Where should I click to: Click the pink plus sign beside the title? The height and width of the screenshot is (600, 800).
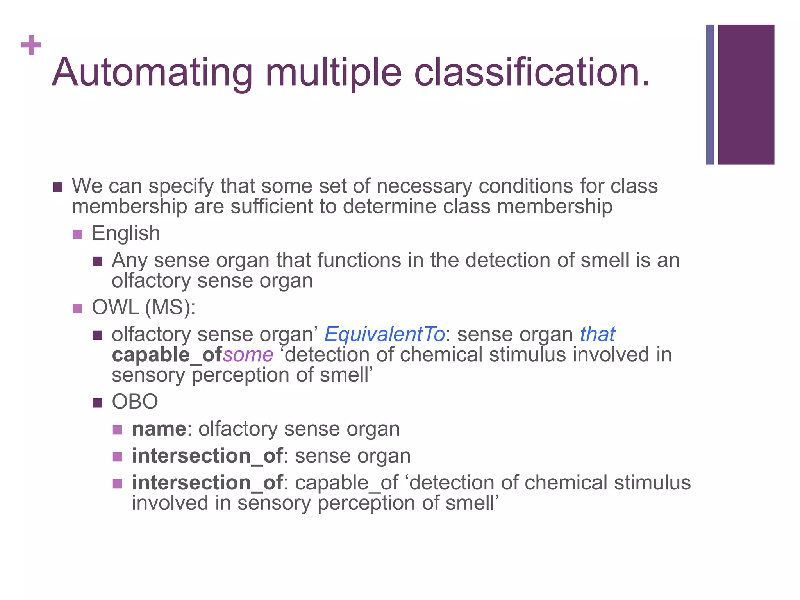coord(31,45)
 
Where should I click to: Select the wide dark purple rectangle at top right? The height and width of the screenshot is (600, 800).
coord(746,95)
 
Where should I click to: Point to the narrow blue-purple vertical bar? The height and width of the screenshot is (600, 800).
coord(709,95)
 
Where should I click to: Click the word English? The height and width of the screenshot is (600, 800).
coord(126,234)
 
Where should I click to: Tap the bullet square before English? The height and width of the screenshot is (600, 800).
coord(77,234)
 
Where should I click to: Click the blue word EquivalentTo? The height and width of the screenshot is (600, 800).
coord(384,334)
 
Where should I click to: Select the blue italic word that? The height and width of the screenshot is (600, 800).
coord(597,334)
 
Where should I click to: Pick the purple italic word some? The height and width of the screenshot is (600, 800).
coord(248,355)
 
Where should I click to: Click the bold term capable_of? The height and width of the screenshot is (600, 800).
coord(167,355)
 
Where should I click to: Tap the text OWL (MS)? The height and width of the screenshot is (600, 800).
coord(143,307)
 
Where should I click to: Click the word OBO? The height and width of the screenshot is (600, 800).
coord(135,402)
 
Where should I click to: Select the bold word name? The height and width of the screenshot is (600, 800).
coord(159,429)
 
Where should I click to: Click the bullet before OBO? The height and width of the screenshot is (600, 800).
coord(98,402)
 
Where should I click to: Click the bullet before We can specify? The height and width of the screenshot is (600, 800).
coord(57,187)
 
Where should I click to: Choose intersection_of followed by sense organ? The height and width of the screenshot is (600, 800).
coord(207,456)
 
